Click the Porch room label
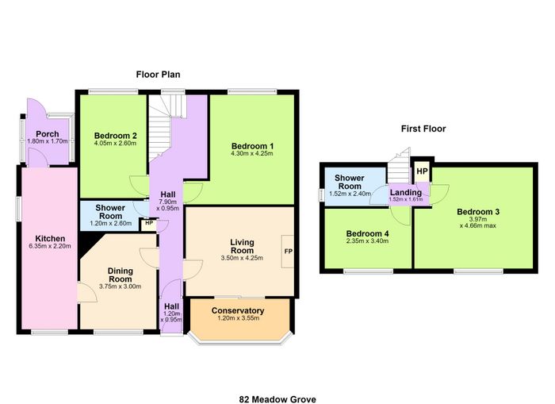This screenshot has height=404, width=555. (48, 134)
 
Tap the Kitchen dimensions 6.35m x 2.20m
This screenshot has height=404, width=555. (50, 246)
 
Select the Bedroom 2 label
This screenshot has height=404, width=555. (116, 136)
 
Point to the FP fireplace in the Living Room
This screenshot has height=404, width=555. (288, 252)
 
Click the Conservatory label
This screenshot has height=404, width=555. (238, 311)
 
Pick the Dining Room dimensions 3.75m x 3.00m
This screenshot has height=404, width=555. (121, 287)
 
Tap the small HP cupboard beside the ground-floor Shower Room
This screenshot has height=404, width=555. (149, 225)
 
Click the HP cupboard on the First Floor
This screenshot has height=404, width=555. (423, 171)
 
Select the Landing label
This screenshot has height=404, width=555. (406, 192)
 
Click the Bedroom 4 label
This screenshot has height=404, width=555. (367, 233)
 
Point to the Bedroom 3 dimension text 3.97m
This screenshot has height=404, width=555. (478, 219)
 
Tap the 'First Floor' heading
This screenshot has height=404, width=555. (423, 129)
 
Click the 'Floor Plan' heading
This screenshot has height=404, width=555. (159, 75)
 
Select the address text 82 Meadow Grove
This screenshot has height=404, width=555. (277, 399)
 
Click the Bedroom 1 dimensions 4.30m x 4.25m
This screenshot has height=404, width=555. (252, 153)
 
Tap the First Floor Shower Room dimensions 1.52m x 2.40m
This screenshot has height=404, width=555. (350, 194)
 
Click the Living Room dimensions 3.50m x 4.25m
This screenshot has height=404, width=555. (242, 258)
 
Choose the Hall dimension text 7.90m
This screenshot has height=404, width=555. (168, 202)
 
